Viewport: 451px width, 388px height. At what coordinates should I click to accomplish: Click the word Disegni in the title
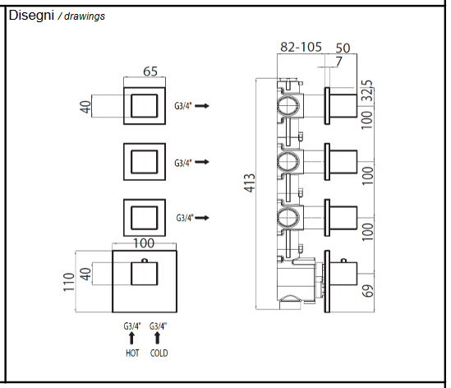pos(30,15)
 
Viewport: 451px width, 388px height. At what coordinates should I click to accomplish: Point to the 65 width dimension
pos(150,72)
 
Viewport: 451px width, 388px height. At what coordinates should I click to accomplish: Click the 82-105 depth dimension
pos(300,48)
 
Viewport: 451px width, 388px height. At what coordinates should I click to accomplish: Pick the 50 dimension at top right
pos(343,48)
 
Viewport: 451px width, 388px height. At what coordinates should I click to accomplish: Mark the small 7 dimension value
pos(338,62)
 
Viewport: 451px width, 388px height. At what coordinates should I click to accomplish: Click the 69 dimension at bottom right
pos(368,289)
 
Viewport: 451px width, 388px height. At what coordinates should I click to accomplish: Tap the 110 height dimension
pos(69,282)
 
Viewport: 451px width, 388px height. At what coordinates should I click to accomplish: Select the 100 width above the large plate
pos(144,244)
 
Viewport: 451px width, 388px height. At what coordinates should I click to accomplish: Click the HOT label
pos(131,353)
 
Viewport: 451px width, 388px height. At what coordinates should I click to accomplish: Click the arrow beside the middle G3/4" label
pos(201,163)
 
